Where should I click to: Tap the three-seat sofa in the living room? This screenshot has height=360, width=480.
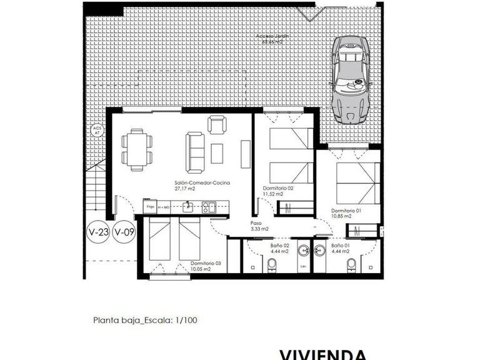click(195, 152)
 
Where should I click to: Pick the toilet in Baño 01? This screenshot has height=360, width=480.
click(354, 266)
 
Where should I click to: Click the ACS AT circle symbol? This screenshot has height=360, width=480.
click(97, 131)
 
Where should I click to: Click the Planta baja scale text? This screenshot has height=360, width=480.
click(145, 321)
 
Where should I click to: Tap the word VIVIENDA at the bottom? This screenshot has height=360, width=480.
click(323, 354)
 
